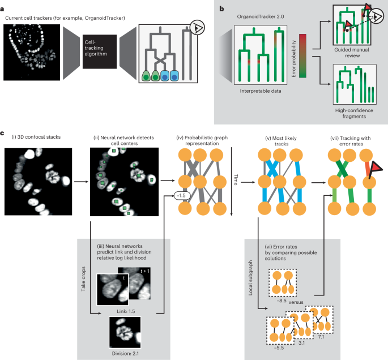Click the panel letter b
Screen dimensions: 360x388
point(221,6)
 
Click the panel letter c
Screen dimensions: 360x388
point(4,134)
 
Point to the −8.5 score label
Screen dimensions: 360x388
point(283,302)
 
